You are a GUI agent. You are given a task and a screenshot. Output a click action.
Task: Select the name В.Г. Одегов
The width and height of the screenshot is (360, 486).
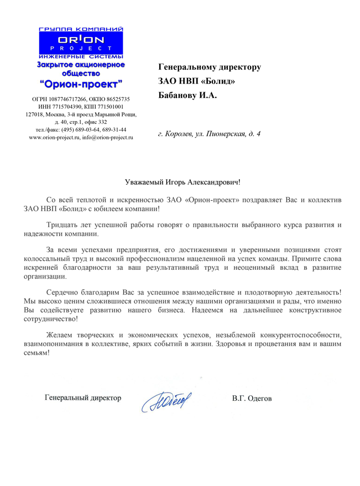252,398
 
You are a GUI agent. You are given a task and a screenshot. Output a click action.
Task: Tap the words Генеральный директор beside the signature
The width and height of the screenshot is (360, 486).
83,398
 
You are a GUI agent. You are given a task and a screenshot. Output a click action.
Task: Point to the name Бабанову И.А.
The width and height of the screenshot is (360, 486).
188,96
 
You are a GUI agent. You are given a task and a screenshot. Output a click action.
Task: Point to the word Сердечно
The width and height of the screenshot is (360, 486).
62,291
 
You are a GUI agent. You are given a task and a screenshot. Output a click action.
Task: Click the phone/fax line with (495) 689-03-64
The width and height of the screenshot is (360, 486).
81,129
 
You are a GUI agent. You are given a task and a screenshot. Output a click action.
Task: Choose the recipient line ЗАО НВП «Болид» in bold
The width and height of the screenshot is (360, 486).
196,81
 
